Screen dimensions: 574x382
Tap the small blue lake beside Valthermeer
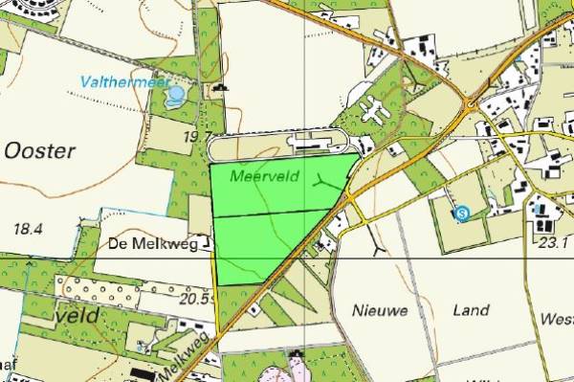176,95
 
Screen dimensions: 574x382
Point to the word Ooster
39,150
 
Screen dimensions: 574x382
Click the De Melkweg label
145,244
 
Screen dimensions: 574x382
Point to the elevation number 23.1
552,243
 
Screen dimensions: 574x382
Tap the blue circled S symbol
462,213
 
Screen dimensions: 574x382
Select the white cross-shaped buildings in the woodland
375,113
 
